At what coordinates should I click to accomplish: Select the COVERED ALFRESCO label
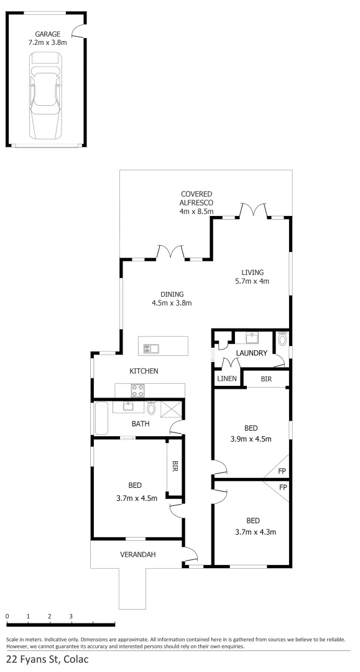pyautogui.click(x=196, y=203)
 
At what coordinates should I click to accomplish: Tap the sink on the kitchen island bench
pyautogui.click(x=151, y=348)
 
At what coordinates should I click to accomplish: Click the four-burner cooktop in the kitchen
pyautogui.click(x=137, y=391)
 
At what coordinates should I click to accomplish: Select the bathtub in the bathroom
pyautogui.click(x=101, y=417)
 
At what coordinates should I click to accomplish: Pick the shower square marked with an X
pyautogui.click(x=172, y=409)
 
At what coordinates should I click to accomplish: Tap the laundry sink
pyautogui.click(x=252, y=338)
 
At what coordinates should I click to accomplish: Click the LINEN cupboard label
pyautogui.click(x=226, y=378)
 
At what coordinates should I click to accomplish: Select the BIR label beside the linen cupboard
pyautogui.click(x=265, y=378)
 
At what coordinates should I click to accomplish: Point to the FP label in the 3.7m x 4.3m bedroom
pyautogui.click(x=282, y=487)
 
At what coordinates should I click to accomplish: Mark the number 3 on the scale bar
pyautogui.click(x=71, y=616)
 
